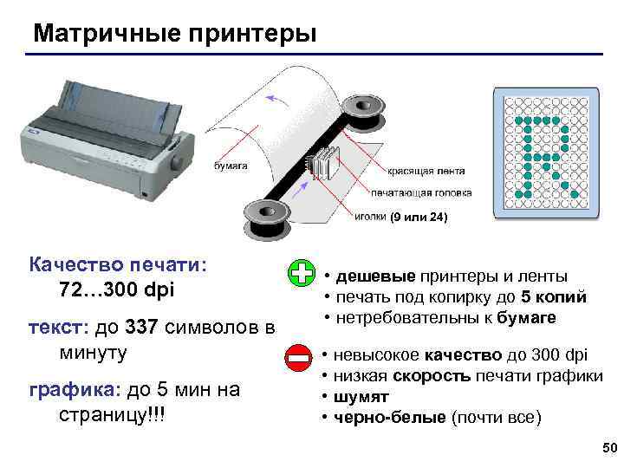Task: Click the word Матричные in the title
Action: [107, 34]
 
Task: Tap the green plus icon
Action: [302, 273]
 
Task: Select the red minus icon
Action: [298, 358]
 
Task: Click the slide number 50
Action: [609, 448]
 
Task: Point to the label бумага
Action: [231, 166]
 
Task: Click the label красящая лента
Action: [426, 171]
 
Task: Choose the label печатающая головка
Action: [421, 193]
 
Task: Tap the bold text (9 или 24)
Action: [419, 217]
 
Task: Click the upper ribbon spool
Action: [363, 114]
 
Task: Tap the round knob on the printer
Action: [177, 163]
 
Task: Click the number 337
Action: [141, 327]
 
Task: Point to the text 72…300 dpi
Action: [117, 289]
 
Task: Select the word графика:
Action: [75, 390]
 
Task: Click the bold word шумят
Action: [361, 397]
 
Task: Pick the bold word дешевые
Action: [375, 276]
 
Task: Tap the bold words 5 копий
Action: [554, 297]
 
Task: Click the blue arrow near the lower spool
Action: [300, 190]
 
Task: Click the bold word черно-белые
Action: [390, 418]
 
